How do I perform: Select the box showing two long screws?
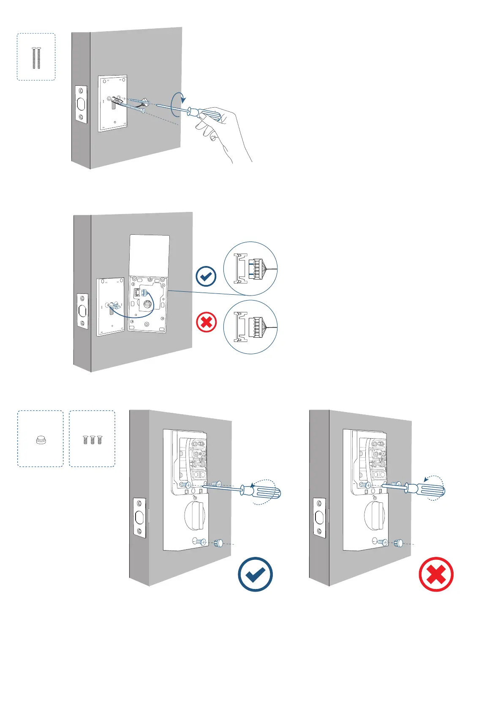click(36, 57)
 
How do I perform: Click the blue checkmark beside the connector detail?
click(206, 277)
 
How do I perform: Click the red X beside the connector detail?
click(206, 323)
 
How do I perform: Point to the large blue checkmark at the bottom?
click(255, 574)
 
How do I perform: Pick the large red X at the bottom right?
click(436, 574)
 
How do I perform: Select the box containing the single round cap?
click(40, 439)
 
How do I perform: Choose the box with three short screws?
click(92, 439)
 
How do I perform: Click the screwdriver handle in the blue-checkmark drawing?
click(266, 492)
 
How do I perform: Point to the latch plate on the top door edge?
click(81, 105)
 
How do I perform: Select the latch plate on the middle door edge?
click(82, 311)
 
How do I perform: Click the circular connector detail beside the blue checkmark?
click(250, 269)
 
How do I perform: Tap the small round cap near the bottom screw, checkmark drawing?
click(219, 543)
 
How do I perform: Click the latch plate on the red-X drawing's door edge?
click(320, 518)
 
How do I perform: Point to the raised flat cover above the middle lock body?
click(150, 255)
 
